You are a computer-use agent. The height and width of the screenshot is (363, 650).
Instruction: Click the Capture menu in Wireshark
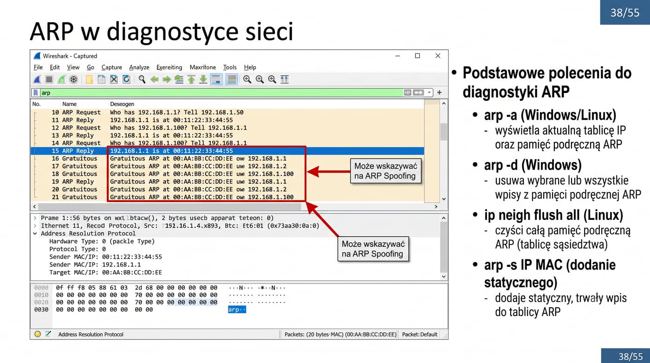[x=112, y=67]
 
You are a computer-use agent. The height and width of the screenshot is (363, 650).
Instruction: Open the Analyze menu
[x=139, y=67]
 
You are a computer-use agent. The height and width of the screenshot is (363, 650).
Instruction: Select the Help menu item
[x=250, y=67]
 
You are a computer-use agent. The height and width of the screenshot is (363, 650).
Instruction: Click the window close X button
[x=438, y=56]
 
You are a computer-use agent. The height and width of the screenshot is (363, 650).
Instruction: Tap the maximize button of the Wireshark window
[x=417, y=56]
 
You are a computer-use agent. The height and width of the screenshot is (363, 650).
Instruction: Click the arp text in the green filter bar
[x=46, y=93]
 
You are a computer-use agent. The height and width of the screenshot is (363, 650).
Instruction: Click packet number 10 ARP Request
[x=76, y=112]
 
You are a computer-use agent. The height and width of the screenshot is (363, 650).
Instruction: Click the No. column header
[x=36, y=104]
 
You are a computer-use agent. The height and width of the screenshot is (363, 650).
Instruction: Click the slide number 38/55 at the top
[x=625, y=13]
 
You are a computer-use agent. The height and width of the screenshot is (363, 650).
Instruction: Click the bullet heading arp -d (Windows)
[x=533, y=165]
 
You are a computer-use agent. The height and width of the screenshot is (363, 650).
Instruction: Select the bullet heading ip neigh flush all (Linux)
[x=553, y=215]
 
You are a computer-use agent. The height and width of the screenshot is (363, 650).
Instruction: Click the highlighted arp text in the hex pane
[x=237, y=310]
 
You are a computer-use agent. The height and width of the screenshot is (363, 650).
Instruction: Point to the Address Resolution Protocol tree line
[x=88, y=233]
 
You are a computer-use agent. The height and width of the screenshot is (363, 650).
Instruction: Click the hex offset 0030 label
[x=41, y=310]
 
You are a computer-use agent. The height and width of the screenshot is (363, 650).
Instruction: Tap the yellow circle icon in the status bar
[x=38, y=334]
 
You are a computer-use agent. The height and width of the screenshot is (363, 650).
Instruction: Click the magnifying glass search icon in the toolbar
[x=142, y=79]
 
